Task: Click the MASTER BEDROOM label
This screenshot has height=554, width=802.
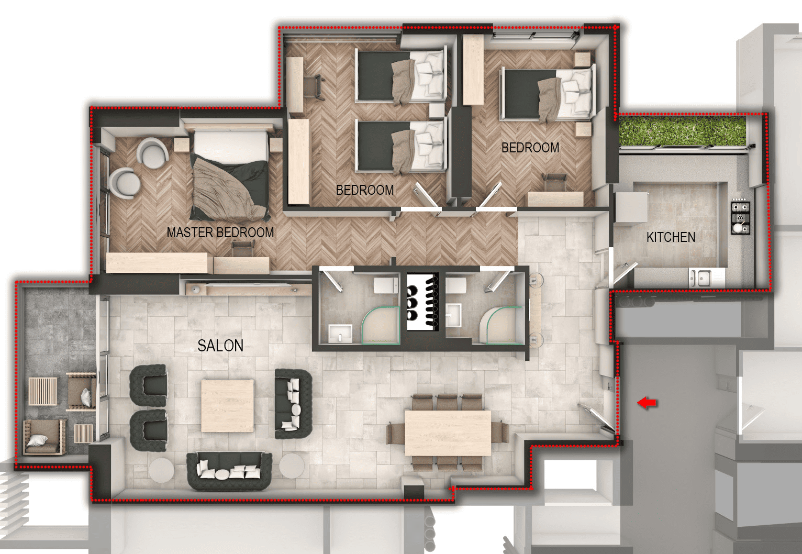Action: pyautogui.click(x=220, y=233)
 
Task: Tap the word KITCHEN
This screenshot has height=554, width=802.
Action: pyautogui.click(x=671, y=237)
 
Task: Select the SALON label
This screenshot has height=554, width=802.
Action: pyautogui.click(x=220, y=346)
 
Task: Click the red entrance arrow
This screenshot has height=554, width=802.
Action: pyautogui.click(x=647, y=403)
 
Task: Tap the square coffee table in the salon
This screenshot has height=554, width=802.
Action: pyautogui.click(x=228, y=406)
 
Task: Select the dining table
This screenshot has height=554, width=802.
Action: pyautogui.click(x=448, y=433)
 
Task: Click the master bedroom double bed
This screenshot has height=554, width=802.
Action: pyautogui.click(x=230, y=173)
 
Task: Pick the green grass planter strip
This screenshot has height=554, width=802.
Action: pyautogui.click(x=683, y=131)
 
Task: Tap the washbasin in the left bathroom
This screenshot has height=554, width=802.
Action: pyautogui.click(x=340, y=334)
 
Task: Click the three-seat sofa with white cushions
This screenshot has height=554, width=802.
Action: pyautogui.click(x=229, y=471)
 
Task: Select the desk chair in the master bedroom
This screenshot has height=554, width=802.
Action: pyautogui.click(x=243, y=248)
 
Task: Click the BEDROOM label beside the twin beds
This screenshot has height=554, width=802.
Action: pyautogui.click(x=365, y=190)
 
